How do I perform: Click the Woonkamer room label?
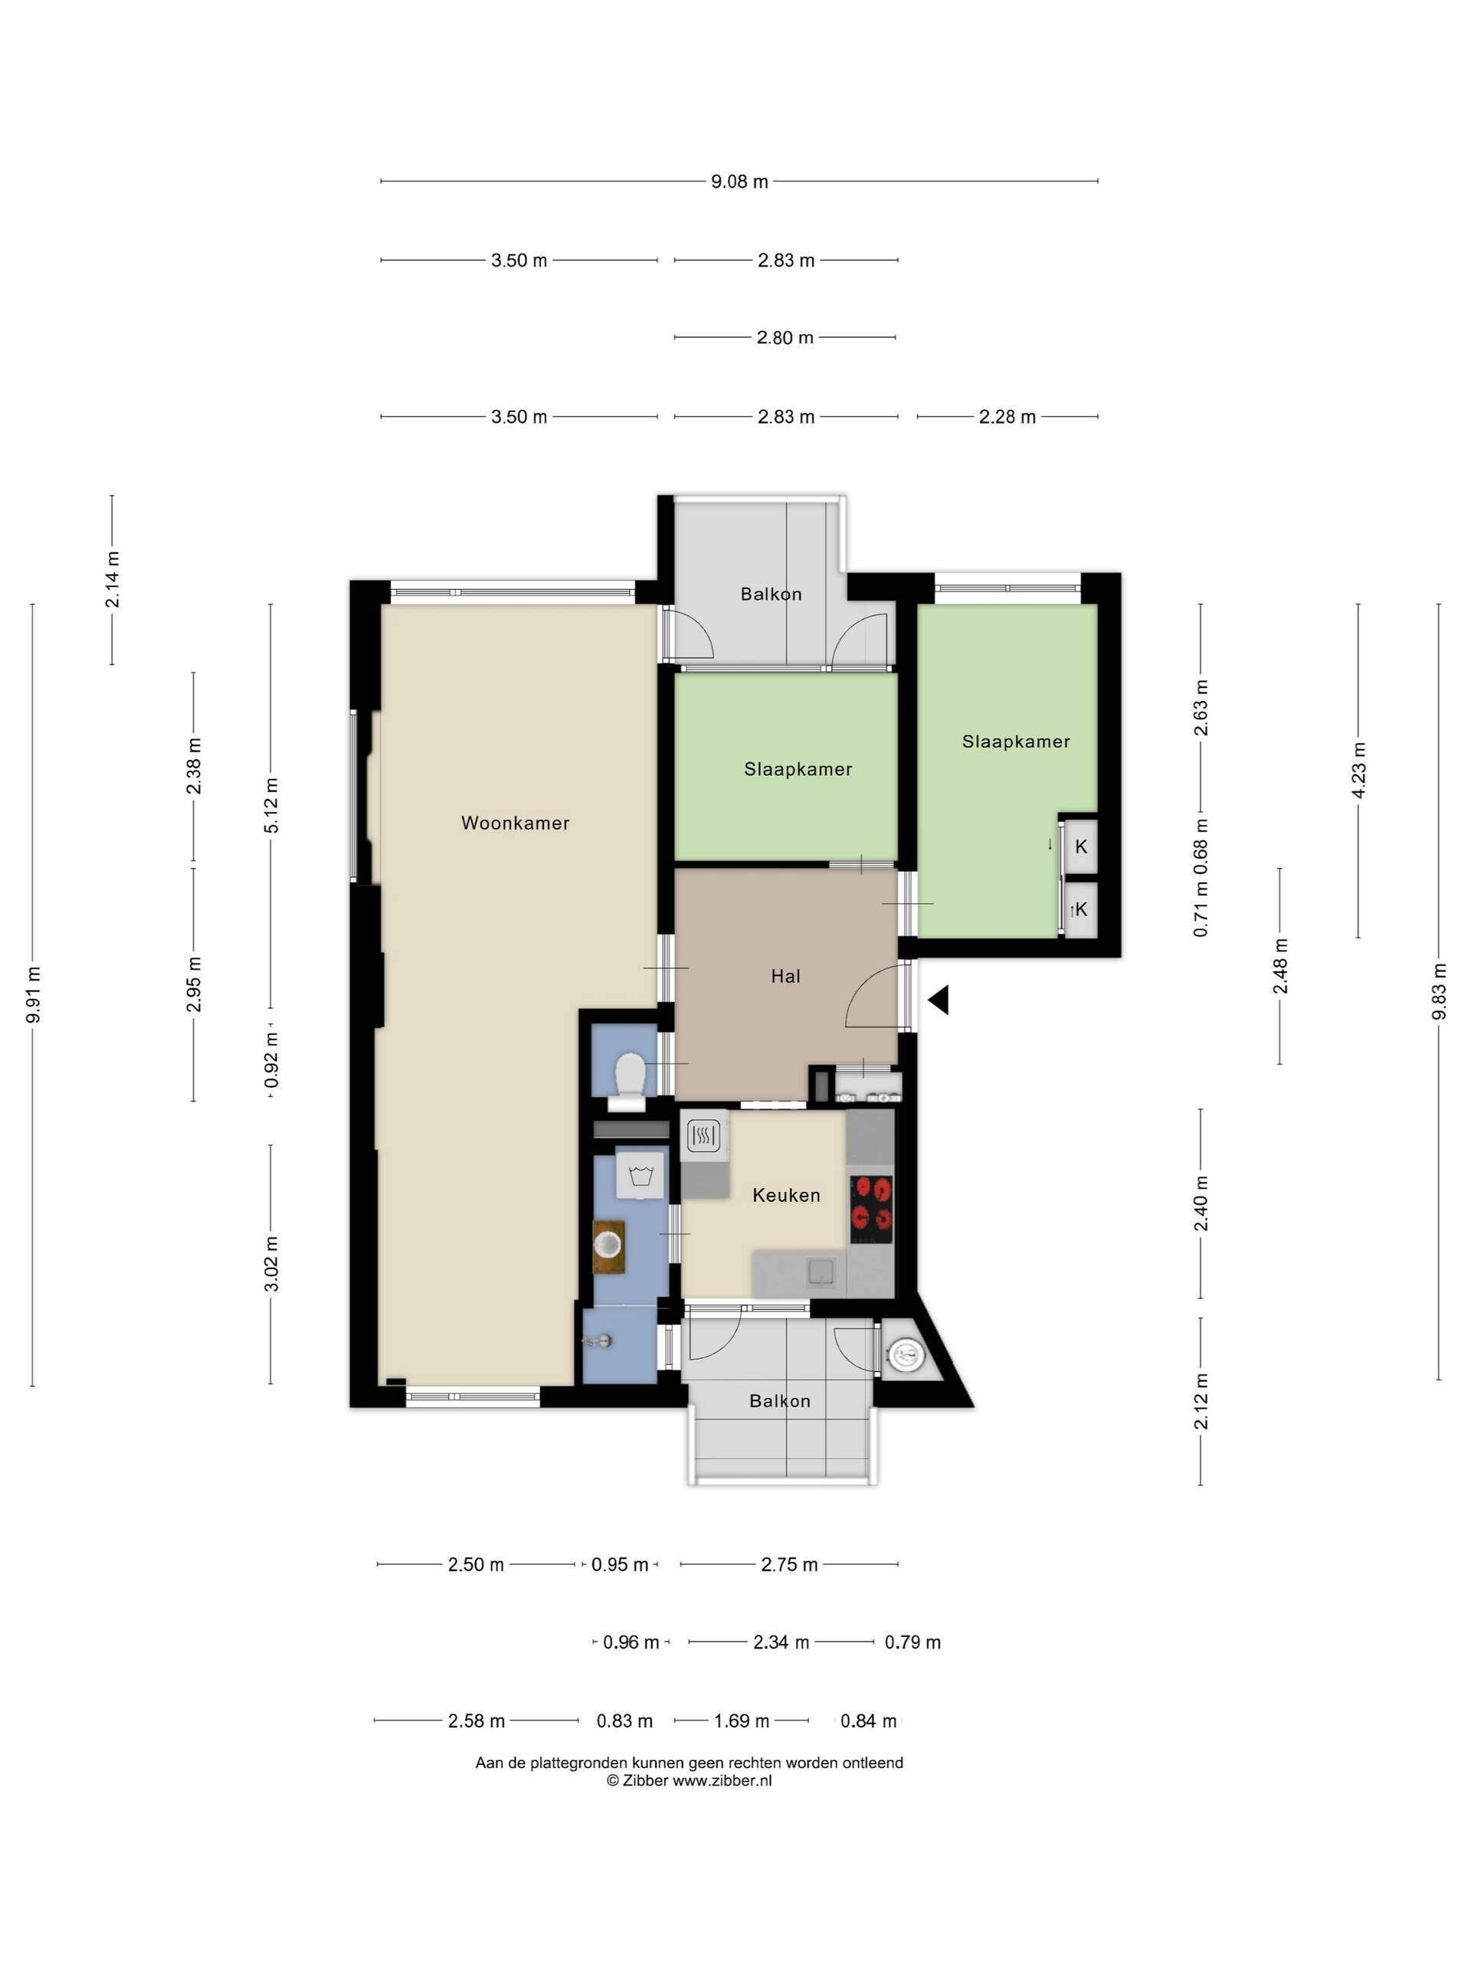click(x=515, y=823)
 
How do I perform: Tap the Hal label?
click(x=785, y=976)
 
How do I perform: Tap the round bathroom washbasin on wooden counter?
click(x=609, y=1246)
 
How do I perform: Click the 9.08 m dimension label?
click(x=739, y=182)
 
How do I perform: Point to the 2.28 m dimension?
click(x=1007, y=417)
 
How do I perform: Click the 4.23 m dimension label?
click(x=1358, y=770)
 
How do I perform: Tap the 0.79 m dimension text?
click(x=912, y=1643)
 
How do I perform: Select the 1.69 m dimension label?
click(x=742, y=1722)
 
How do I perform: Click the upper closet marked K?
click(x=1081, y=846)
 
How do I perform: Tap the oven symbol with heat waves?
click(x=704, y=1136)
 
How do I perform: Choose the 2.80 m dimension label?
click(x=785, y=338)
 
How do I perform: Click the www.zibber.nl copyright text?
click(x=689, y=1780)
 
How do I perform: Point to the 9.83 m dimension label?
click(x=1439, y=991)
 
